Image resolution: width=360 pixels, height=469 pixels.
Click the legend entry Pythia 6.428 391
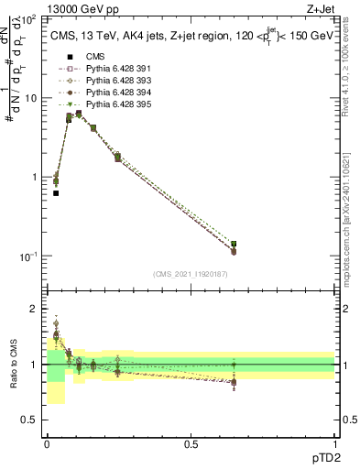(x=112, y=69)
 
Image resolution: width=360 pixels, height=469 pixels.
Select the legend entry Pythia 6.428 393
(x=112, y=81)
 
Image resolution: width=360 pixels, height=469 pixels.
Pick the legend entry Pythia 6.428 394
(x=112, y=93)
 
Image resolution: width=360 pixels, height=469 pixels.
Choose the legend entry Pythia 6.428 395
(x=112, y=104)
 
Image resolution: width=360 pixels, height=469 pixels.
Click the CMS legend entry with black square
(x=94, y=57)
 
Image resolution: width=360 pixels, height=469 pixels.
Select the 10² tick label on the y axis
(x=27, y=19)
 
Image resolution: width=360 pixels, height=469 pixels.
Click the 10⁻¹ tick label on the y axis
(x=27, y=256)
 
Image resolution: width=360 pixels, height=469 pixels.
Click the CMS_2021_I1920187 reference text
(x=191, y=274)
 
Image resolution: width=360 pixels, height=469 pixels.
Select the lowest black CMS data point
(x=56, y=193)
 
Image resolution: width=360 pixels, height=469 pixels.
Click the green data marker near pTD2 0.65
(x=234, y=245)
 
